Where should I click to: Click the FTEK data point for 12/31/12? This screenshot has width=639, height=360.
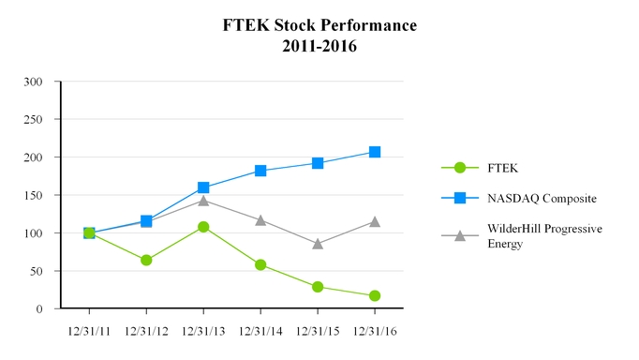click(x=146, y=260)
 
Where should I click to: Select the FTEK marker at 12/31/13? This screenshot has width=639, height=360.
click(x=203, y=227)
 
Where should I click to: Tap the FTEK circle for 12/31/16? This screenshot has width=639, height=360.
click(x=375, y=295)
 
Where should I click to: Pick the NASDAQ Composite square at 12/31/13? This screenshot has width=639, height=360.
click(x=203, y=187)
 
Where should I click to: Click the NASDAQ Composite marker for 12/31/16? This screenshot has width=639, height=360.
click(x=375, y=152)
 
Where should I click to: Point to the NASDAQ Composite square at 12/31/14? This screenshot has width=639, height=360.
click(x=260, y=171)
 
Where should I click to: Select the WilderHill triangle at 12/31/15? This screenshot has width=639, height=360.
click(x=318, y=244)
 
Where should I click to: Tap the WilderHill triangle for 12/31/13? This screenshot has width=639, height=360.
click(x=203, y=201)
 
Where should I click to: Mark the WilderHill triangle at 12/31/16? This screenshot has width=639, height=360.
click(x=375, y=221)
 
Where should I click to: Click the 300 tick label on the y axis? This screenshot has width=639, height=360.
click(x=34, y=82)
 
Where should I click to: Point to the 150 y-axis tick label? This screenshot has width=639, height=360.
click(x=34, y=196)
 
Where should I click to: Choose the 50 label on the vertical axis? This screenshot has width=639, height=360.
click(x=37, y=271)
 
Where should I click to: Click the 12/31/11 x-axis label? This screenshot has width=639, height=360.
click(x=89, y=331)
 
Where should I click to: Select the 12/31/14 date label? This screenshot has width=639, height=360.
click(x=260, y=331)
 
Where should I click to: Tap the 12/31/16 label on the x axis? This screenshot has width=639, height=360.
click(x=375, y=331)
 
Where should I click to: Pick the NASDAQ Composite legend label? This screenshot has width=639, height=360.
click(x=542, y=198)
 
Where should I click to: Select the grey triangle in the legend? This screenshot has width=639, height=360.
click(x=460, y=235)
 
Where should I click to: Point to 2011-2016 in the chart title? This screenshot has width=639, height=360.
click(x=319, y=45)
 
